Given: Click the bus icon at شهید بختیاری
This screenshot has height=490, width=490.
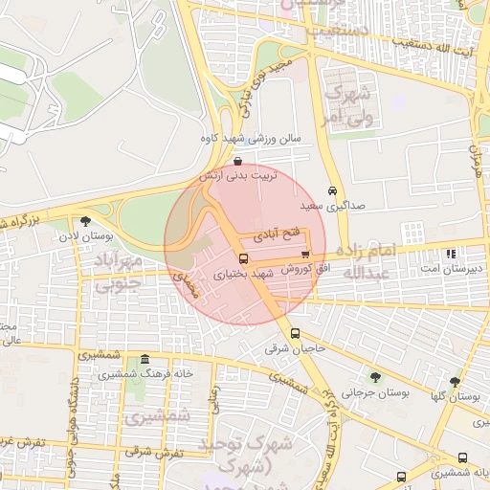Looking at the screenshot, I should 243,259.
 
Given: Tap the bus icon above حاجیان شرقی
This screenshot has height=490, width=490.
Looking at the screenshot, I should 295,334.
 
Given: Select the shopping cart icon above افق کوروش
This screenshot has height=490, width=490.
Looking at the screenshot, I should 305,255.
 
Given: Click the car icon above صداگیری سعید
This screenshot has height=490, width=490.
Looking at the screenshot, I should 332,190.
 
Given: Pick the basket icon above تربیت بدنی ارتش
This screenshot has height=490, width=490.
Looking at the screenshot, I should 237,161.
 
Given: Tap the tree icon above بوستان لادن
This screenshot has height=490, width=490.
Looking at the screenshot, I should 86,221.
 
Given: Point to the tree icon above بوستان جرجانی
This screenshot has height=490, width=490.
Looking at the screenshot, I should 374,377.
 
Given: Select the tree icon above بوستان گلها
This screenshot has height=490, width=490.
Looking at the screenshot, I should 455,381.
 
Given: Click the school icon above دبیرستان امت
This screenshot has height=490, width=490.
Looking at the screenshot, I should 450,255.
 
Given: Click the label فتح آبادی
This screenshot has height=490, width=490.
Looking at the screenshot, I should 277,234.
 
